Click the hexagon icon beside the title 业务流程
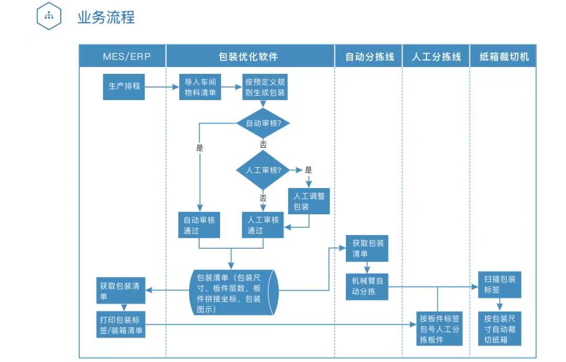pyautogui.click(x=49, y=17)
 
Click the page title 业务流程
pyautogui.click(x=106, y=17)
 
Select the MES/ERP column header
pyautogui.click(x=126, y=57)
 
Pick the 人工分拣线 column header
pyautogui.click(x=436, y=57)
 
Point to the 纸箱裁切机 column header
pyautogui.click(x=504, y=57)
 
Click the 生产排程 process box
pyautogui.click(x=124, y=86)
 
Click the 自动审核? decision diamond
pyautogui.click(x=263, y=124)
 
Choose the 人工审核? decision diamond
pyautogui.click(x=263, y=170)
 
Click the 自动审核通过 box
pyautogui.click(x=199, y=225)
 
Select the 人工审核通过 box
pyautogui.click(x=263, y=225)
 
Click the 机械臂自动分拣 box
pyautogui.click(x=367, y=286)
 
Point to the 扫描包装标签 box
pyautogui.click(x=499, y=284)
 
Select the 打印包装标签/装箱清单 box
pyautogui.click(x=121, y=325)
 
